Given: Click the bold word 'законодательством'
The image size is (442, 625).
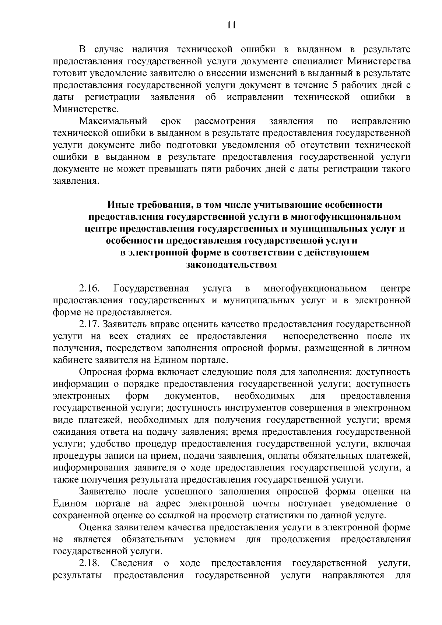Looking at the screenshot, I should pos(231,265).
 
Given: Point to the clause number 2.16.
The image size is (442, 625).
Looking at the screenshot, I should pos(89,288).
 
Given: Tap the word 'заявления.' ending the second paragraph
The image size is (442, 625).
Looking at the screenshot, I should pos(76,181).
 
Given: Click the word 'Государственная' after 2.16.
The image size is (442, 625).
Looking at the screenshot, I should pos(151,288).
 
